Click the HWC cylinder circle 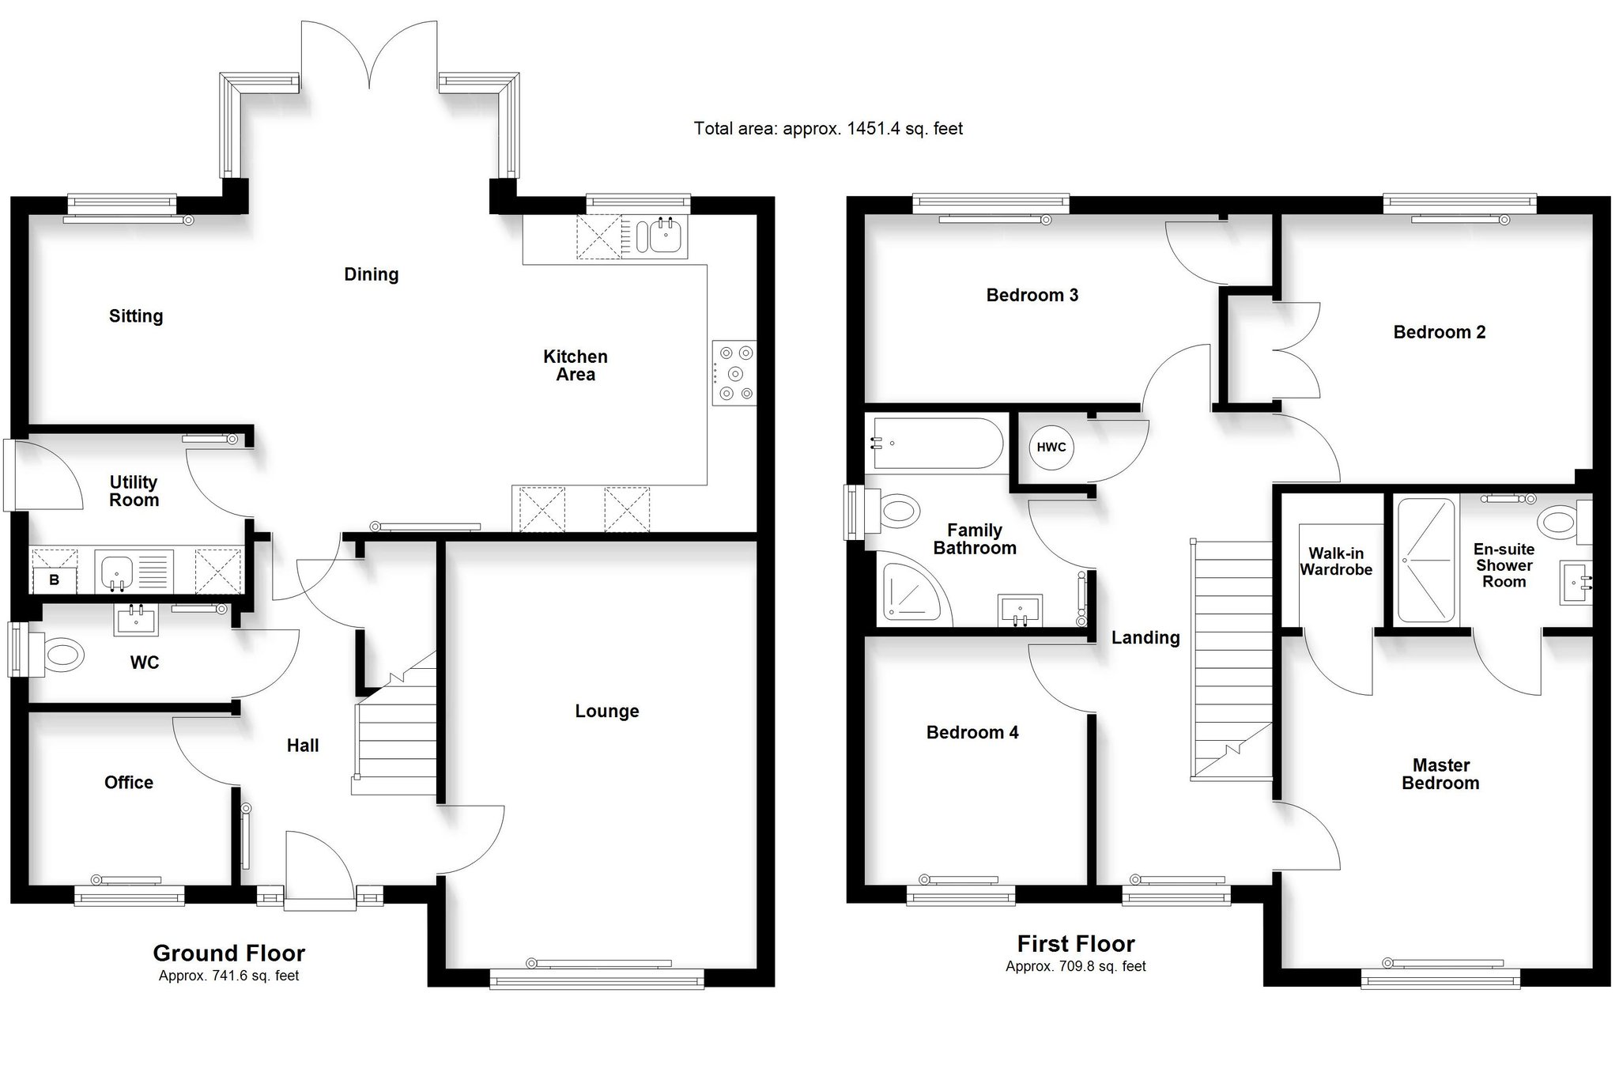tap(1051, 447)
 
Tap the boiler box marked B tap(55, 580)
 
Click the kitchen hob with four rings tap(734, 372)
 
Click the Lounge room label tap(607, 711)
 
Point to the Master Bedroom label tap(1441, 774)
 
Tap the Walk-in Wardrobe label tap(1336, 561)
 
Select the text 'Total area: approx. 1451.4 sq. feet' tap(828, 128)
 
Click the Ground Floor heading tap(229, 953)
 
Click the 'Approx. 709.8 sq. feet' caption tap(1076, 966)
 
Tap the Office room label tap(129, 782)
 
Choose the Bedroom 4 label tap(972, 732)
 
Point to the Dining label tap(372, 274)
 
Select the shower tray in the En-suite tap(1426, 560)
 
